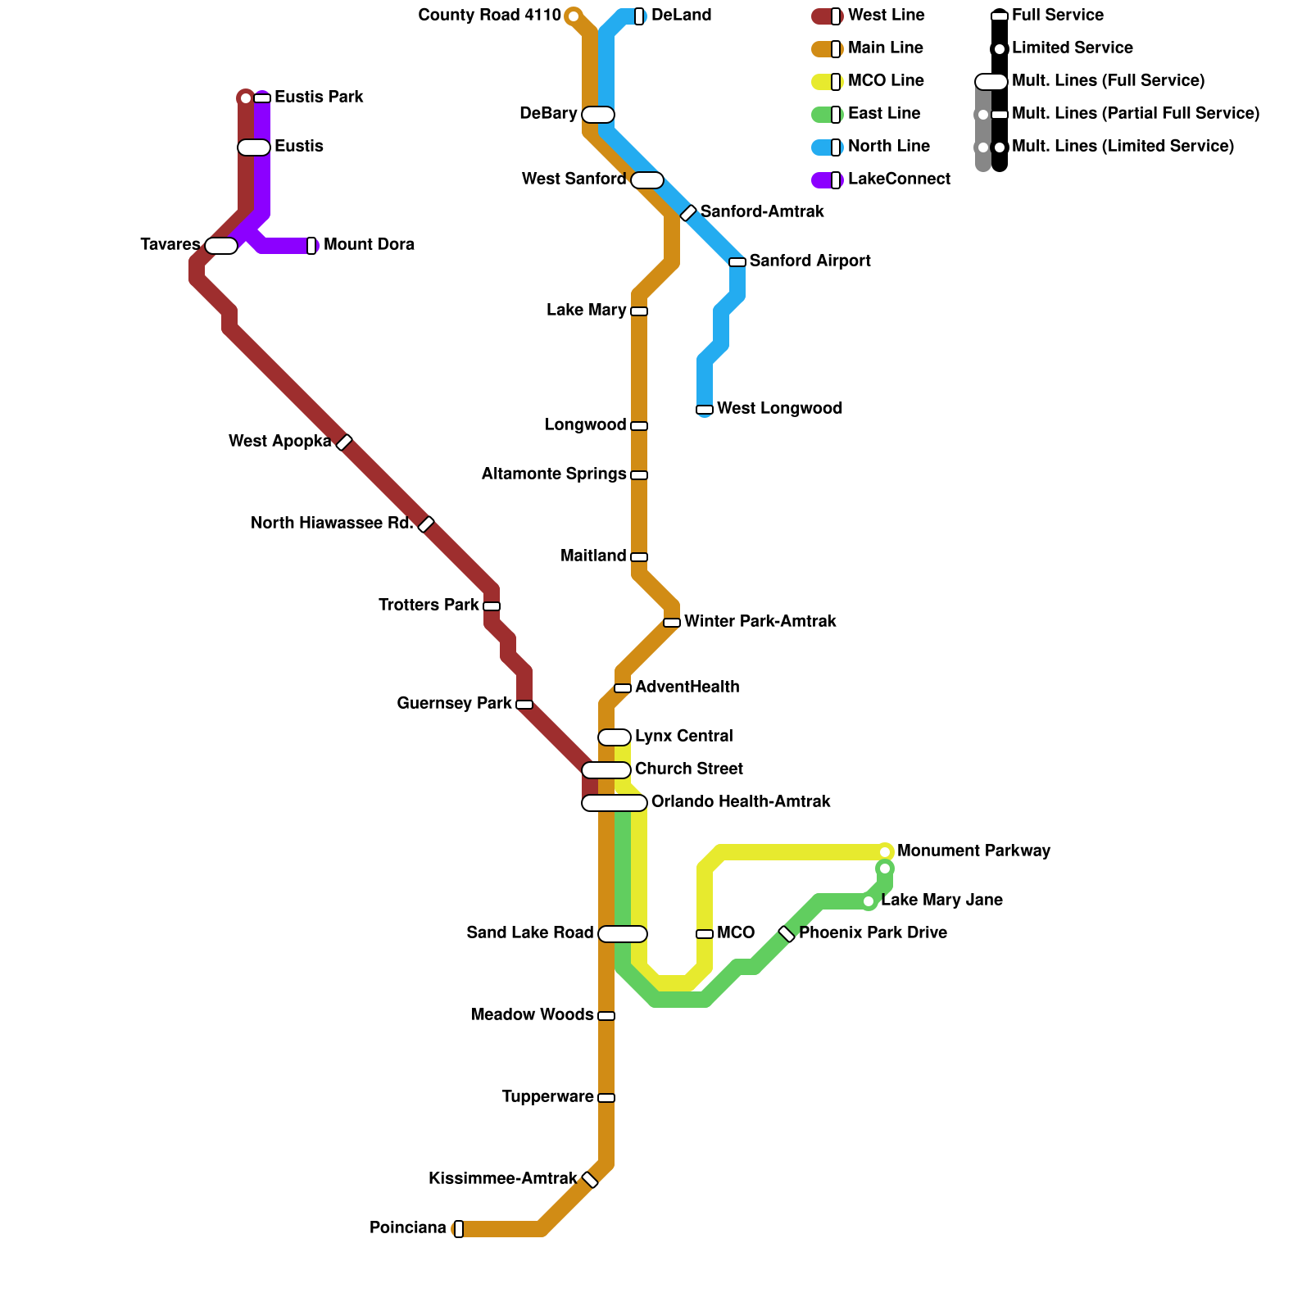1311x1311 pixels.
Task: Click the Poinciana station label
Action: (408, 1228)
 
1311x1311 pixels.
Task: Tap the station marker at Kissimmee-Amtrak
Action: (590, 1180)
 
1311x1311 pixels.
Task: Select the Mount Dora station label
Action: (369, 245)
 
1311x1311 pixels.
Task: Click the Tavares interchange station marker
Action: (221, 246)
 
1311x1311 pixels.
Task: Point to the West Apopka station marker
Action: (344, 442)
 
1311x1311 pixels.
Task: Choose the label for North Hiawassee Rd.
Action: (332, 524)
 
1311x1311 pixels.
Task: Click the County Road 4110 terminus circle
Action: (574, 16)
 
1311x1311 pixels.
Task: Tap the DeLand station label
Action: (681, 16)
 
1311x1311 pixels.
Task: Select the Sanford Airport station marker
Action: (737, 262)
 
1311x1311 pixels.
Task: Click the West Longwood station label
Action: (779, 409)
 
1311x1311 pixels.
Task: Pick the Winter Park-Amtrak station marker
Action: (672, 623)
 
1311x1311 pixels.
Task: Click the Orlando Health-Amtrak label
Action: (741, 802)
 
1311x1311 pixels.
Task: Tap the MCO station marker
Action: (705, 934)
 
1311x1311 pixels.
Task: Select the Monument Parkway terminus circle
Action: (885, 852)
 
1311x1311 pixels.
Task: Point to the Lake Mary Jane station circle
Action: (869, 901)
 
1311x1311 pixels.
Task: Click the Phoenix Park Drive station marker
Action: (787, 934)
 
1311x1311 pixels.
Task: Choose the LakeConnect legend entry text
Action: (899, 179)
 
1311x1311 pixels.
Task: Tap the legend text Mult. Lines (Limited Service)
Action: (1123, 147)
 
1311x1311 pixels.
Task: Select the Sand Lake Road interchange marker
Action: (623, 934)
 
